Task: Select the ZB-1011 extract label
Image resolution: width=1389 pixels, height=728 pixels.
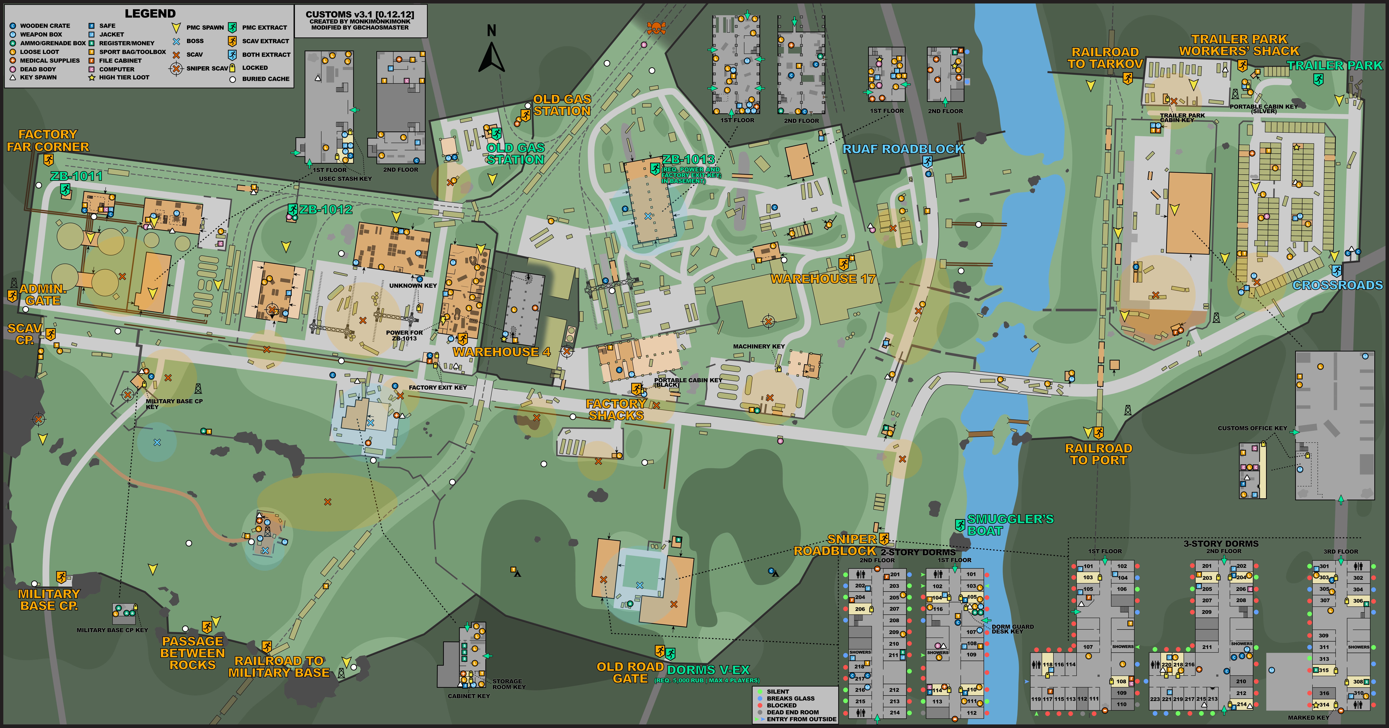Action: click(76, 176)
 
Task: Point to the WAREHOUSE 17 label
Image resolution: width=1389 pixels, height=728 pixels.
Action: click(823, 279)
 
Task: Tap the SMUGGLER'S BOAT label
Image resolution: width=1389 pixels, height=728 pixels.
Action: click(1009, 525)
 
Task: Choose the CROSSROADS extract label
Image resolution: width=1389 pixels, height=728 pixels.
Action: click(1337, 285)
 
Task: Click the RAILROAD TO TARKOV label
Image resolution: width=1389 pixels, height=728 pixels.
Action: click(1105, 58)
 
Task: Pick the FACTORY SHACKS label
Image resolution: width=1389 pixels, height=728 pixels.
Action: click(616, 409)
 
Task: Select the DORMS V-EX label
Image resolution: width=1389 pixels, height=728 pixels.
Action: click(708, 670)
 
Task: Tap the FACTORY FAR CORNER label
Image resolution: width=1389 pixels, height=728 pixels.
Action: click(48, 140)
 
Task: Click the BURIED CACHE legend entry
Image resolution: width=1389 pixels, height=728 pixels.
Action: click(265, 79)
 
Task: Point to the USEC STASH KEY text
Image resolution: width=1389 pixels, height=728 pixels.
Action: click(345, 179)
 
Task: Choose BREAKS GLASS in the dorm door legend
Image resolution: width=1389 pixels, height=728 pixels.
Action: click(791, 698)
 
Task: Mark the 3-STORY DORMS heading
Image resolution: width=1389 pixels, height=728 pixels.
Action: click(1221, 544)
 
